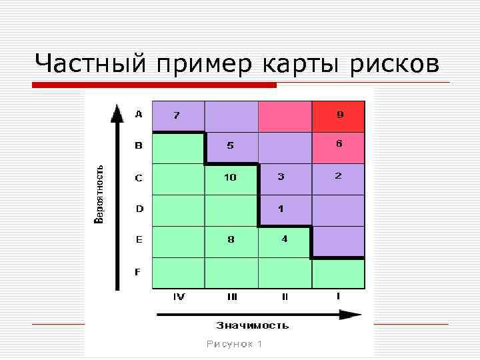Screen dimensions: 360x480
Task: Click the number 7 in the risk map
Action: tap(176, 115)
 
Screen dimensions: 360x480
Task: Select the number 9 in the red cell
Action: tap(340, 115)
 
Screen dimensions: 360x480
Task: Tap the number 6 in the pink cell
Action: tap(339, 143)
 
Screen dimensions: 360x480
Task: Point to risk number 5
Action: tap(230, 145)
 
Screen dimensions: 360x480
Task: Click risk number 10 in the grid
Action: tap(230, 177)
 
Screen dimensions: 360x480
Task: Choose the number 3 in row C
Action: tap(281, 177)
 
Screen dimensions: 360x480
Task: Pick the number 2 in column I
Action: tap(339, 176)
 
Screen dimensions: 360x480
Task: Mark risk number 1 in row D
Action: tap(281, 209)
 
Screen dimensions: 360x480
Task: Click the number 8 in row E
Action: tap(231, 239)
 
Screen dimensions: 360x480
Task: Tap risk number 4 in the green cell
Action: tap(284, 239)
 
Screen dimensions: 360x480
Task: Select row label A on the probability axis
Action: tap(139, 114)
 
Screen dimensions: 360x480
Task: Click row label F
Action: tap(139, 271)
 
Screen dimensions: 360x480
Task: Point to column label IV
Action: tap(179, 297)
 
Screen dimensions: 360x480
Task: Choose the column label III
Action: tap(232, 297)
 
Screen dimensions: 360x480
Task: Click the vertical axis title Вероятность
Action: tap(99, 194)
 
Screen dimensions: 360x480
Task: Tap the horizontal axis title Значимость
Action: tap(253, 325)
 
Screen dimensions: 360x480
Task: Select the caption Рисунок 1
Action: tap(234, 344)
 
